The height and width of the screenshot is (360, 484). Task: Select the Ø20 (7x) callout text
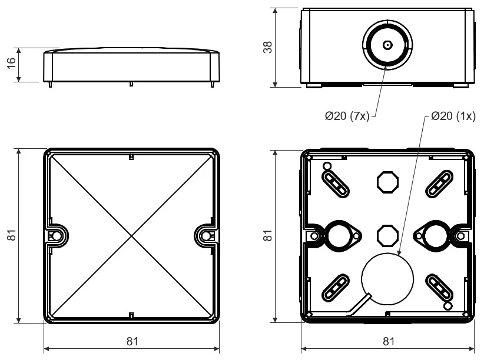click(347, 116)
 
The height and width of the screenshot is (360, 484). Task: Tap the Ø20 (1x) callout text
click(453, 116)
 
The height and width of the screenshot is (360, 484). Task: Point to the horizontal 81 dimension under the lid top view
click(132, 341)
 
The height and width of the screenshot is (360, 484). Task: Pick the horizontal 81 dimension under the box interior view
click(389, 341)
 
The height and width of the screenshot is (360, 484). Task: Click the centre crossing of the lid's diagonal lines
click(132, 236)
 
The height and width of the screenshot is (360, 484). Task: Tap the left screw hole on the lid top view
click(57, 236)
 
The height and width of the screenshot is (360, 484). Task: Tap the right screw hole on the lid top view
click(205, 236)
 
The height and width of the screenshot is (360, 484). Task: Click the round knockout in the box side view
click(387, 45)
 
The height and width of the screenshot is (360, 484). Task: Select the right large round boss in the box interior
click(436, 235)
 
